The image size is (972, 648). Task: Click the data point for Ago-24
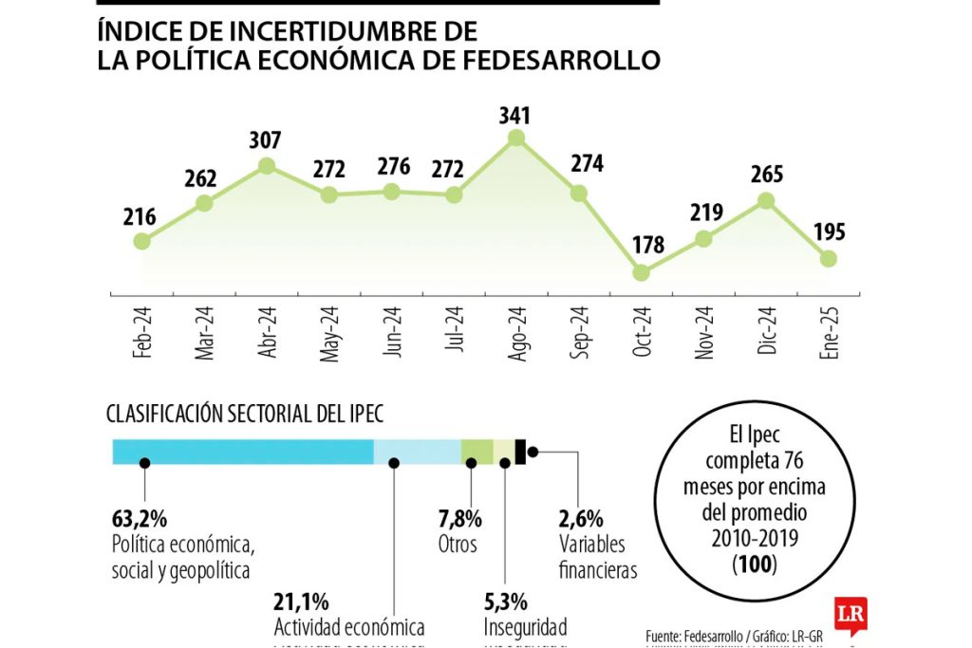tap(515, 138)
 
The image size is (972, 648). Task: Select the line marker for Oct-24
tap(641, 272)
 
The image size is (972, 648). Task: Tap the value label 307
tap(266, 142)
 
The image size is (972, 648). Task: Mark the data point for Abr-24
tap(267, 166)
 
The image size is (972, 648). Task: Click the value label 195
tap(828, 232)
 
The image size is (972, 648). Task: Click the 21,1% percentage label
tap(301, 602)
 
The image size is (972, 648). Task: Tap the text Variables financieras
tap(598, 558)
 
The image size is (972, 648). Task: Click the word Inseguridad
tap(525, 627)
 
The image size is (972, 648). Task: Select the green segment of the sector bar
tap(477, 452)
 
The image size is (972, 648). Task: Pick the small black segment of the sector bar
tap(520, 452)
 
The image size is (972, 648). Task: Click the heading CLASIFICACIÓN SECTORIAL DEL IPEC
tap(245, 414)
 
